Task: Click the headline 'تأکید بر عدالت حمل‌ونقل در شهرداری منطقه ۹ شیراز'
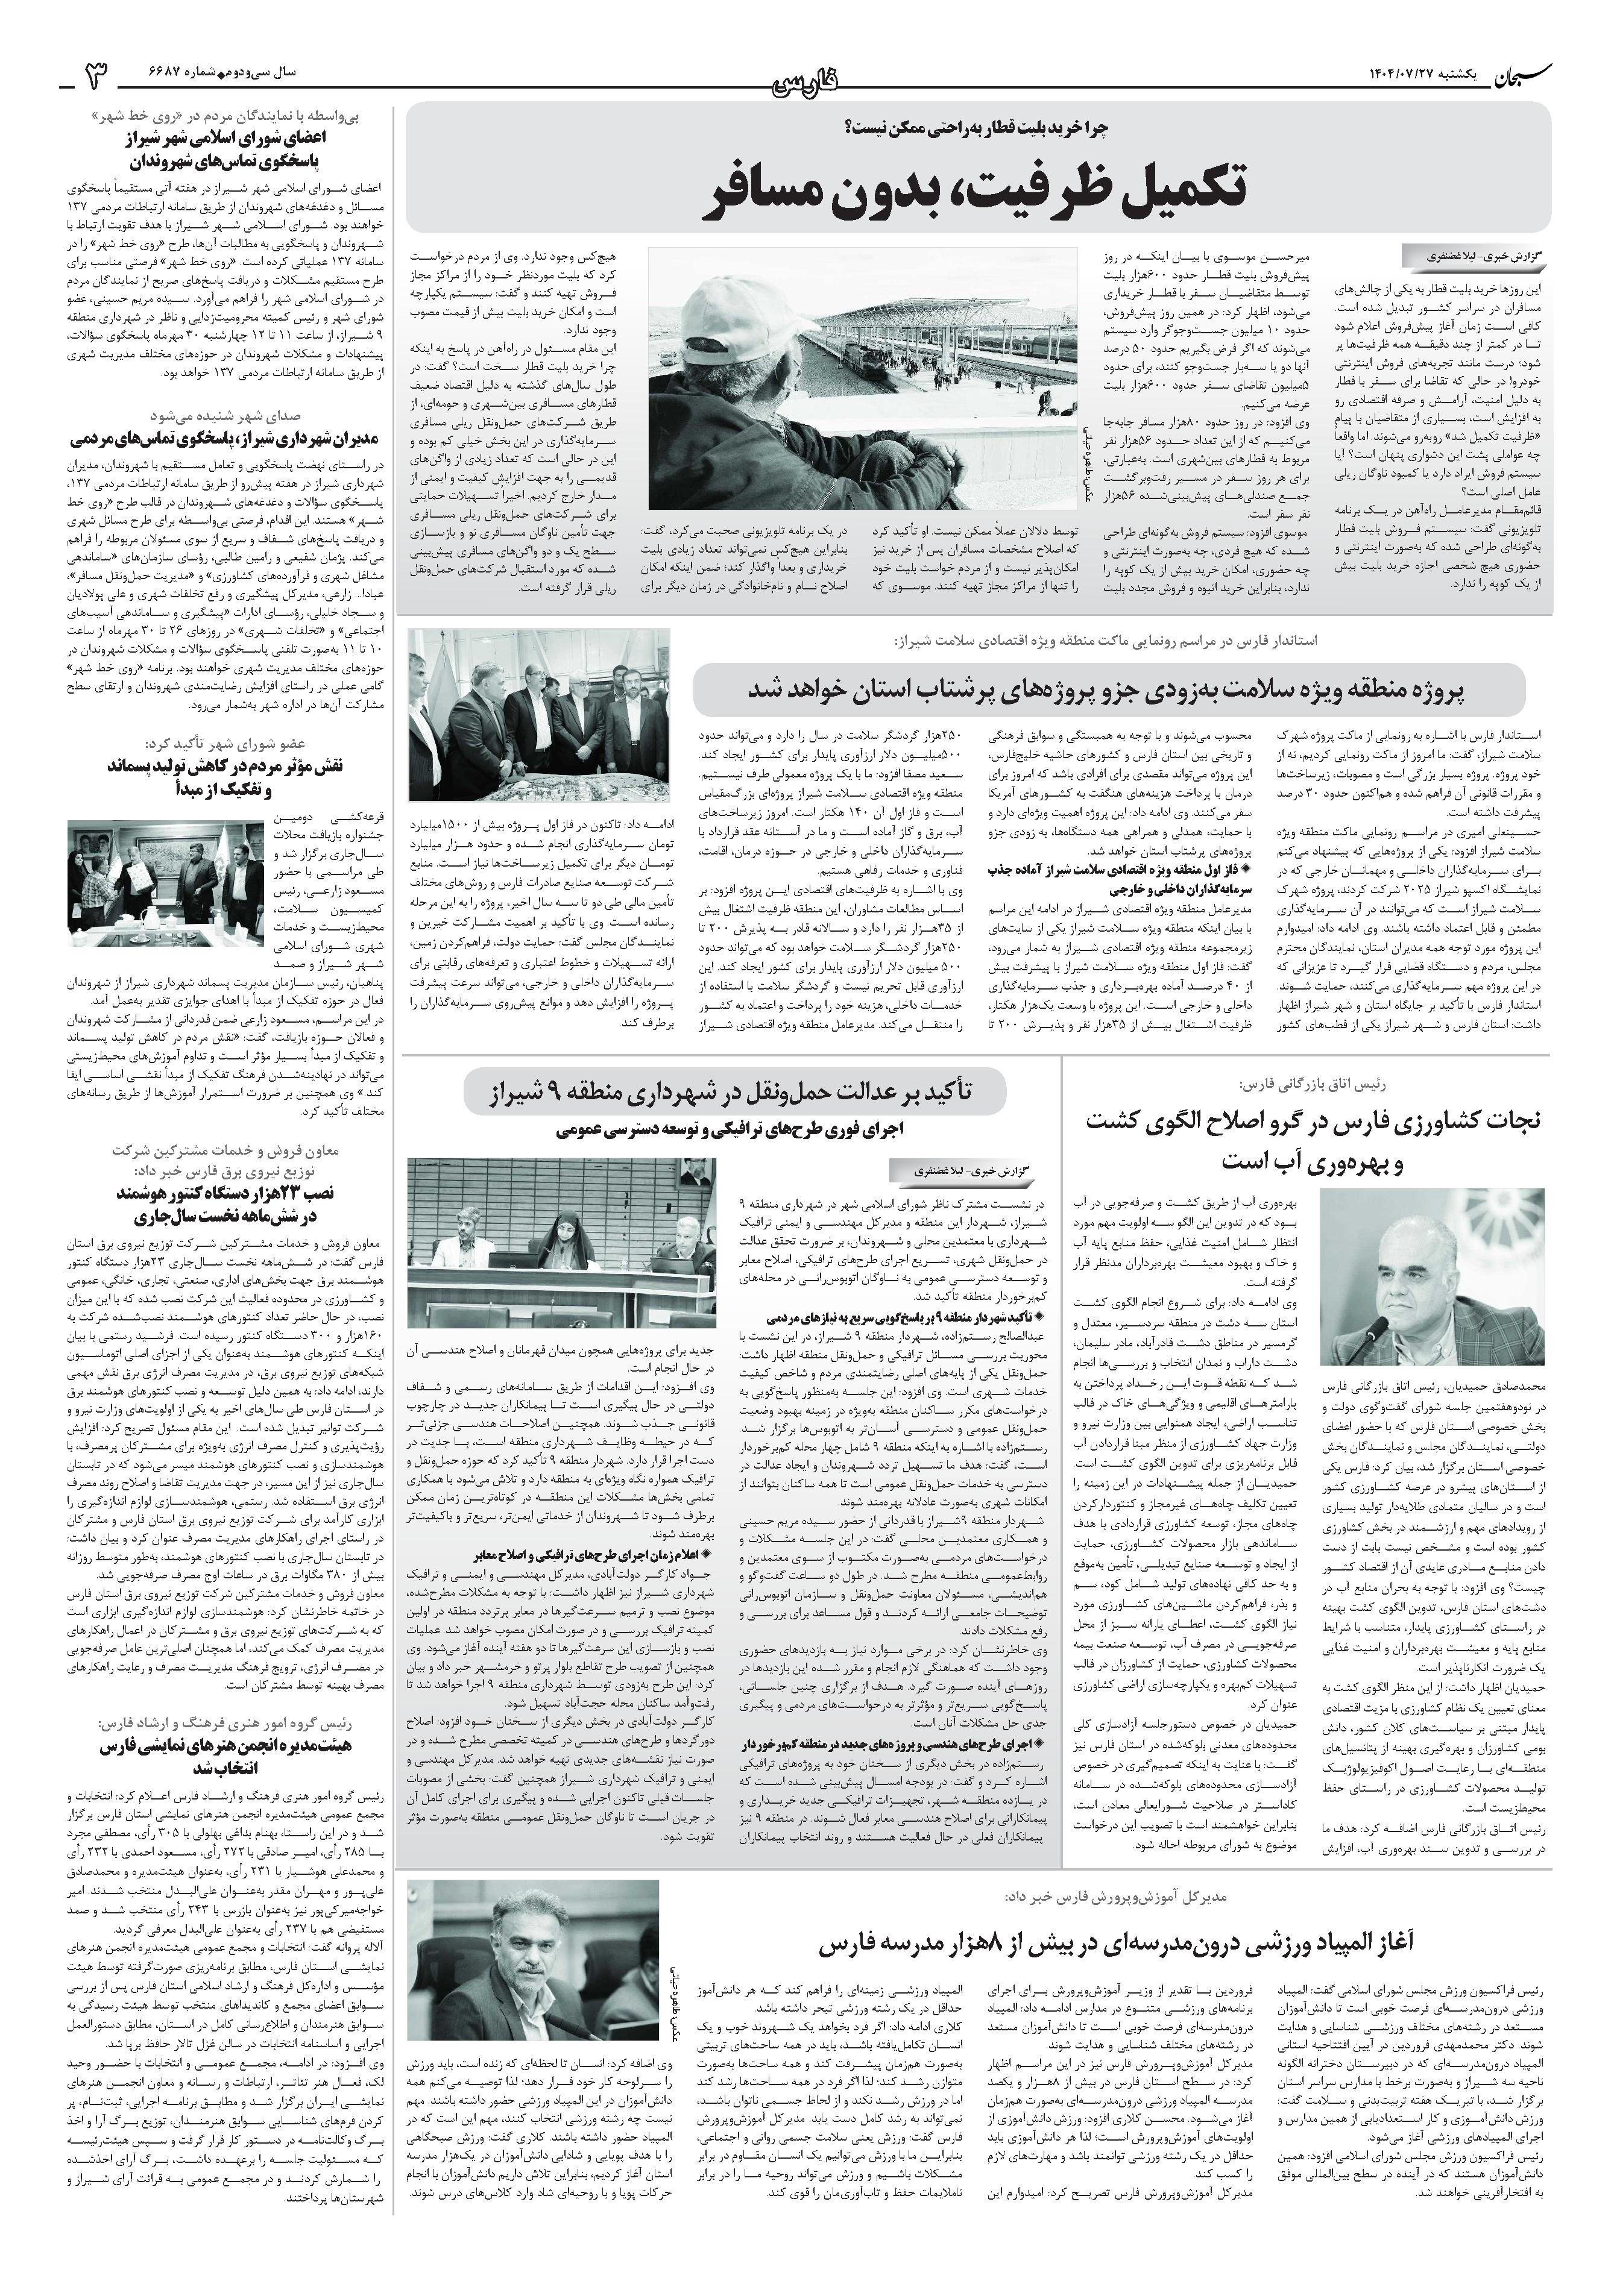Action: click(x=734, y=1094)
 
